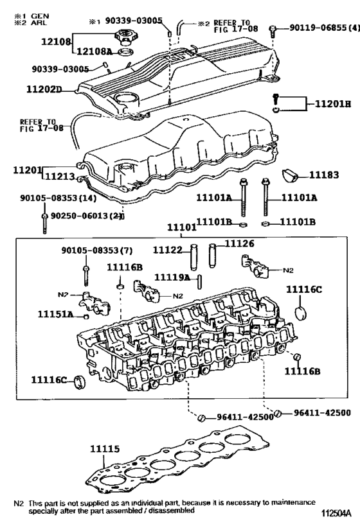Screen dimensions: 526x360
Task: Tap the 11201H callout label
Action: tap(333, 104)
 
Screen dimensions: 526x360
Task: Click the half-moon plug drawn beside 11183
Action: tap(289, 175)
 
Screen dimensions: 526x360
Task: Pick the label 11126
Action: tap(239, 244)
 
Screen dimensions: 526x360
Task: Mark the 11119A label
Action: tap(172, 277)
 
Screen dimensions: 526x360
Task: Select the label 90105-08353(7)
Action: tap(91, 250)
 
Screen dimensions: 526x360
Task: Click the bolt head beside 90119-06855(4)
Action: tap(274, 28)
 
